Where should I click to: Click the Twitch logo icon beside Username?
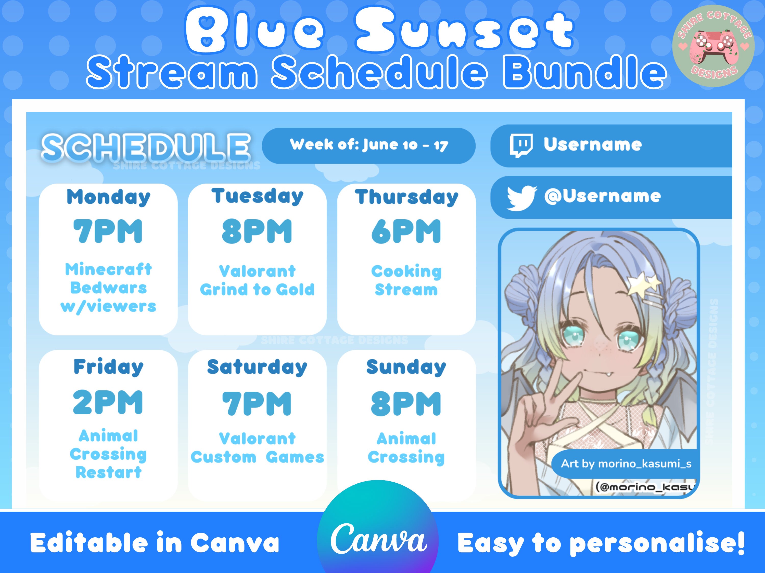point(520,145)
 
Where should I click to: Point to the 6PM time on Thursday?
point(406,231)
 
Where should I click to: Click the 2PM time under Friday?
point(108,402)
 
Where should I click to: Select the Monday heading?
point(108,197)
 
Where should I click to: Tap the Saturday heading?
point(257,367)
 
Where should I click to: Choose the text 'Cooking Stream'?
point(406,280)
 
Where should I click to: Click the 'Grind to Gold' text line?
point(257,290)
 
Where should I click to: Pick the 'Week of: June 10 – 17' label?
point(369,145)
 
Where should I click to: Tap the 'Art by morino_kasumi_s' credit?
point(626,463)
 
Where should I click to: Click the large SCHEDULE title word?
point(146,148)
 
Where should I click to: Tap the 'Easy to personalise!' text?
point(601,543)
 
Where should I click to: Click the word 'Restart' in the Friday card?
point(109,472)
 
